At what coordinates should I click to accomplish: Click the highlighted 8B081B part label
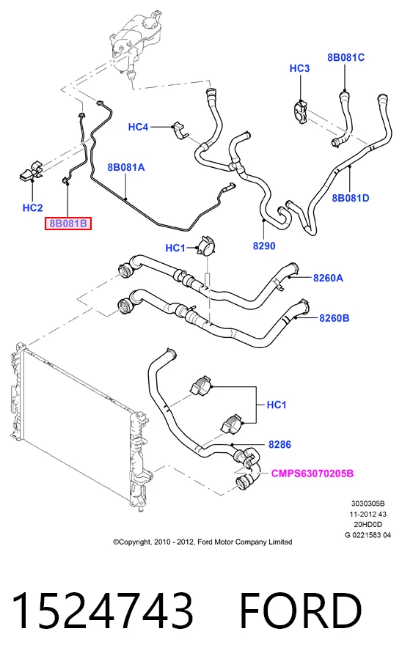(68, 224)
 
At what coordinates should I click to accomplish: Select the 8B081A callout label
(126, 167)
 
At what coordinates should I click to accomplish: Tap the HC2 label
(33, 207)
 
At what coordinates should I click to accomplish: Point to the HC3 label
(300, 68)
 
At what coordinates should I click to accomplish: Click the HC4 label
(139, 127)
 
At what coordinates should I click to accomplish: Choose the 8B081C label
(346, 57)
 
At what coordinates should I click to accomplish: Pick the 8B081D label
(351, 198)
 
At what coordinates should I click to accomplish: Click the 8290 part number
(264, 246)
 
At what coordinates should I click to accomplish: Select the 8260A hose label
(329, 278)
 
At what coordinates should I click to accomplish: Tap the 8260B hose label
(335, 318)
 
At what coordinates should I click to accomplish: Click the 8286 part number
(279, 444)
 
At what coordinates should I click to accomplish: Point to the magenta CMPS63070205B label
(313, 473)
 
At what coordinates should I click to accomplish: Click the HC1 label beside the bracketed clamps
(277, 405)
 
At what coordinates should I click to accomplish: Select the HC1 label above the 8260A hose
(175, 248)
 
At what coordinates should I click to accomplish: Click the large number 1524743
(103, 610)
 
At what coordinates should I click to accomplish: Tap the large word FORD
(301, 610)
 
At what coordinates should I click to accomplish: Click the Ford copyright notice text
(202, 542)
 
